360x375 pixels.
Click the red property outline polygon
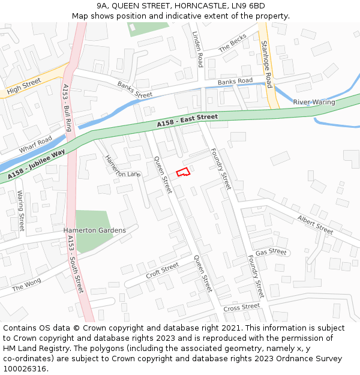click(x=183, y=172)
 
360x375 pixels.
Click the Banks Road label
click(x=235, y=81)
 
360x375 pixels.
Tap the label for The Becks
click(x=232, y=43)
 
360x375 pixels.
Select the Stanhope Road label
click(x=266, y=64)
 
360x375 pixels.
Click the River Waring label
click(x=314, y=102)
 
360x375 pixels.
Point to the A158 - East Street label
click(x=188, y=120)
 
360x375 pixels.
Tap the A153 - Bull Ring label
click(x=67, y=108)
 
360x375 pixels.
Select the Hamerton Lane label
click(x=122, y=166)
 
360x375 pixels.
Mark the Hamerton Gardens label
click(x=95, y=230)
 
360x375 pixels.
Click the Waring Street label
click(x=21, y=211)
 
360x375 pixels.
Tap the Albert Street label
click(x=315, y=225)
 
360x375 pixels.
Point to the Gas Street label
click(x=271, y=252)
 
